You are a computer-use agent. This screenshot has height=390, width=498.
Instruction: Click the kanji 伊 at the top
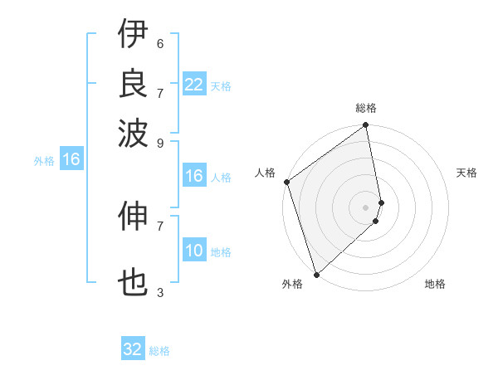coord(133,35)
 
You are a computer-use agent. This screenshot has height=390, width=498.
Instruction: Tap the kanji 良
coord(133,83)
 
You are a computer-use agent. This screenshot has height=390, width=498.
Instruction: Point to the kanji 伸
coord(133,217)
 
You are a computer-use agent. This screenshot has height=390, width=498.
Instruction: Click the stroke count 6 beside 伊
coord(160,43)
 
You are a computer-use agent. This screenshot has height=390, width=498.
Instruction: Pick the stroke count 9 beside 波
coord(160,142)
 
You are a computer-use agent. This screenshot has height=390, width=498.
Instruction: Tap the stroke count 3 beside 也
coord(160,292)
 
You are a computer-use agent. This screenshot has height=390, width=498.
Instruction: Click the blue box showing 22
coord(194,85)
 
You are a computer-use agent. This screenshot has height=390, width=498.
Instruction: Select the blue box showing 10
coord(194,251)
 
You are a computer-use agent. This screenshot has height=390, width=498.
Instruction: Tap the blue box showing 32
coord(133,349)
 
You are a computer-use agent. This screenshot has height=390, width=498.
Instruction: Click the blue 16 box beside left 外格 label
coord(71,160)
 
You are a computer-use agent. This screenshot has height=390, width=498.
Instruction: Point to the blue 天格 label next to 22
coord(221,86)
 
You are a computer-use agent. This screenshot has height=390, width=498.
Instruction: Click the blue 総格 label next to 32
coord(159,351)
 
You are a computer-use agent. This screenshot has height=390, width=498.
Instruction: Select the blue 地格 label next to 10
coord(221,252)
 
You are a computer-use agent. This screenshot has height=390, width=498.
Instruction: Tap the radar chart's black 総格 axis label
coord(366,109)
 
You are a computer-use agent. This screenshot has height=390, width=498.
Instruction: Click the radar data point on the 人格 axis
coord(286,182)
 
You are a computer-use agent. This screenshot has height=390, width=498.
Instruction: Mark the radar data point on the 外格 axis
coord(316,274)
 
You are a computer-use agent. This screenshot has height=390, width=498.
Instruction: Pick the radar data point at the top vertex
coord(366,126)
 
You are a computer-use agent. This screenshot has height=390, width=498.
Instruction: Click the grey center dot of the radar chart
coord(366,207)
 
